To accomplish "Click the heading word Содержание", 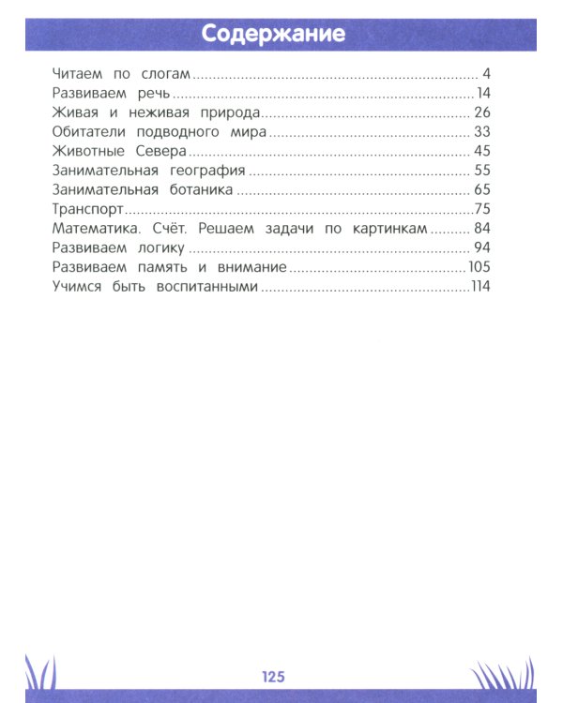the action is [x=273, y=35].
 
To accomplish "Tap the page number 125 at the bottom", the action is [x=273, y=677].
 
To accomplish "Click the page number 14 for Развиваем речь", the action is [x=484, y=93].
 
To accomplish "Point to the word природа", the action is [x=219, y=112].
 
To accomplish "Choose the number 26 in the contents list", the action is [x=483, y=112].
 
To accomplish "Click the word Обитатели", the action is [x=87, y=131].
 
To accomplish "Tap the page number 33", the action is [x=483, y=131].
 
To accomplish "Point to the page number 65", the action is [x=483, y=190].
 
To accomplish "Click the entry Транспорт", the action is [x=87, y=209].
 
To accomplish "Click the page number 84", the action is [x=483, y=229].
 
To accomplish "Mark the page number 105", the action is [x=479, y=268].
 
